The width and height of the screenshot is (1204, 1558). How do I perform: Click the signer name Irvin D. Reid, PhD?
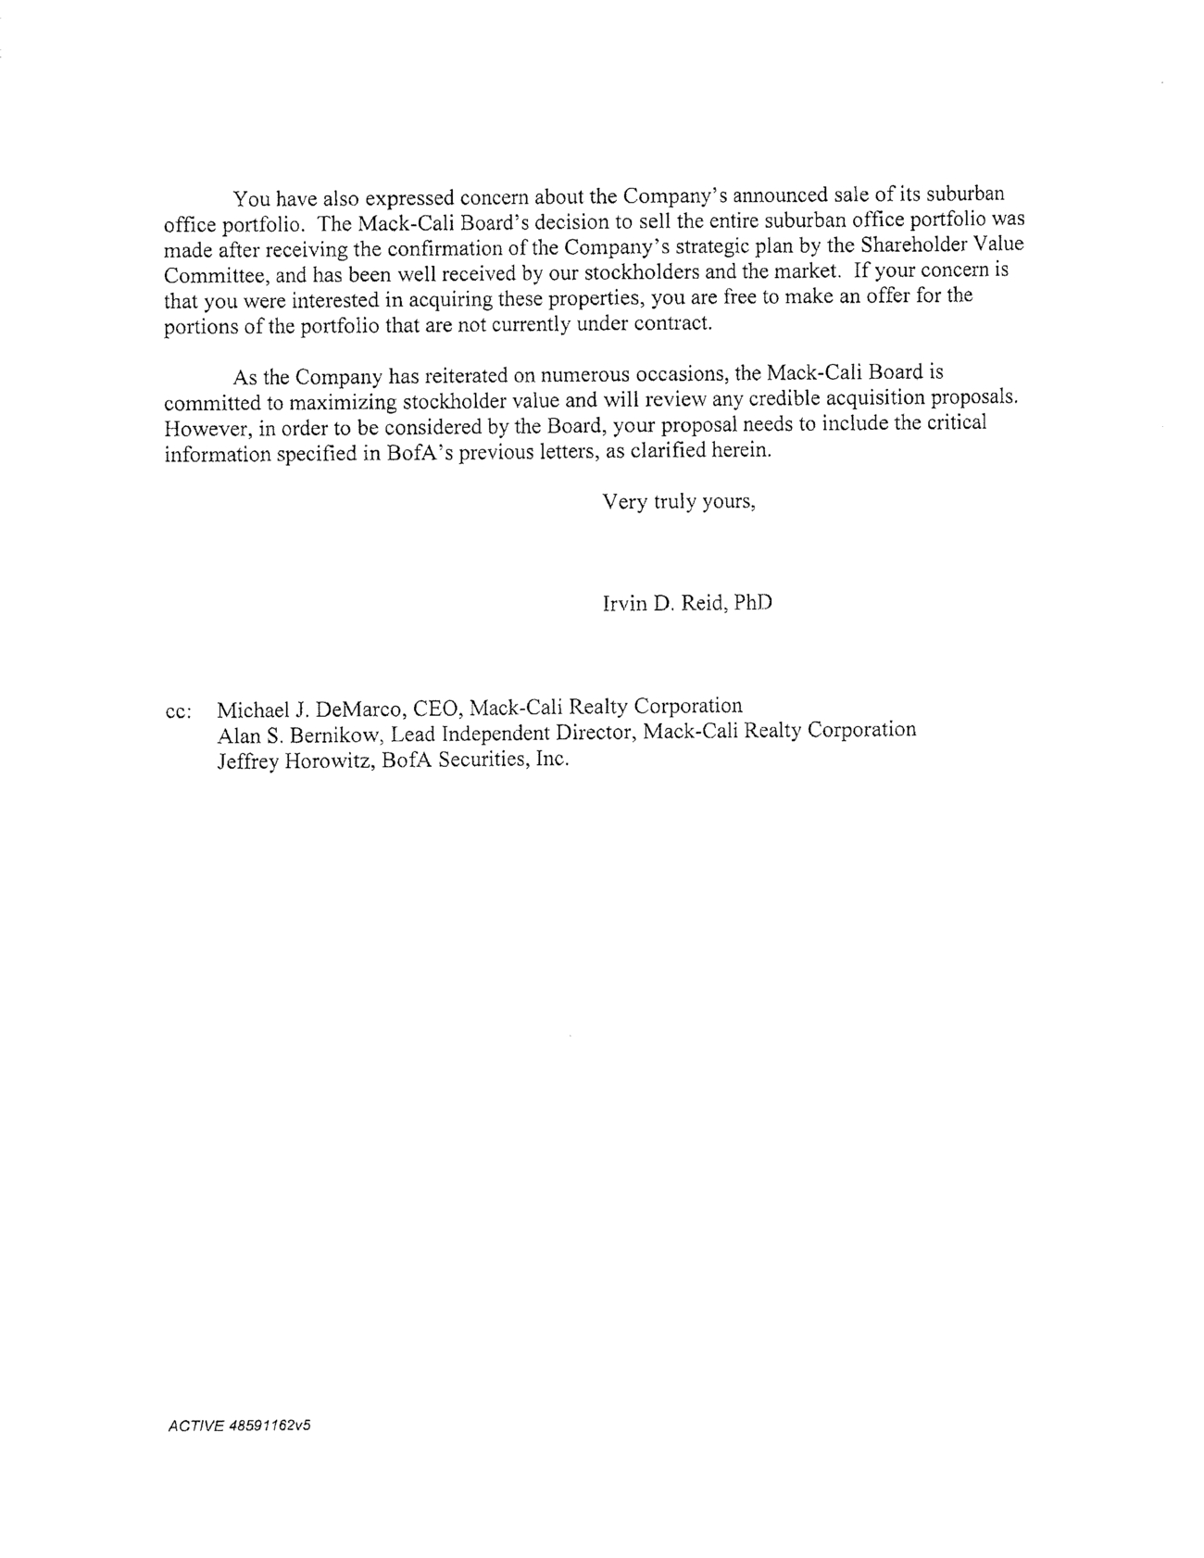click(687, 604)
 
